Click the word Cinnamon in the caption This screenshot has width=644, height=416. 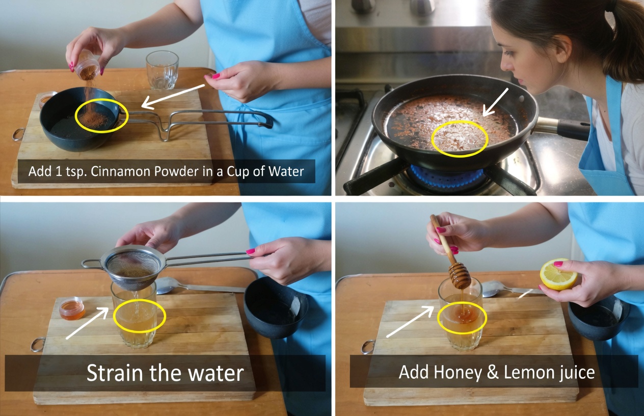point(121,171)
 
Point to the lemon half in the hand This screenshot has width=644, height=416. point(558,274)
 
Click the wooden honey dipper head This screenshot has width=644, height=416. point(460,276)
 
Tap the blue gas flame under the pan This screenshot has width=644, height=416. point(446,176)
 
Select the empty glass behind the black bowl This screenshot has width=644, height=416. point(162,70)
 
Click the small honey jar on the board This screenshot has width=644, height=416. point(72,309)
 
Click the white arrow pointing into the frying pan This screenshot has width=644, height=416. point(495,102)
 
